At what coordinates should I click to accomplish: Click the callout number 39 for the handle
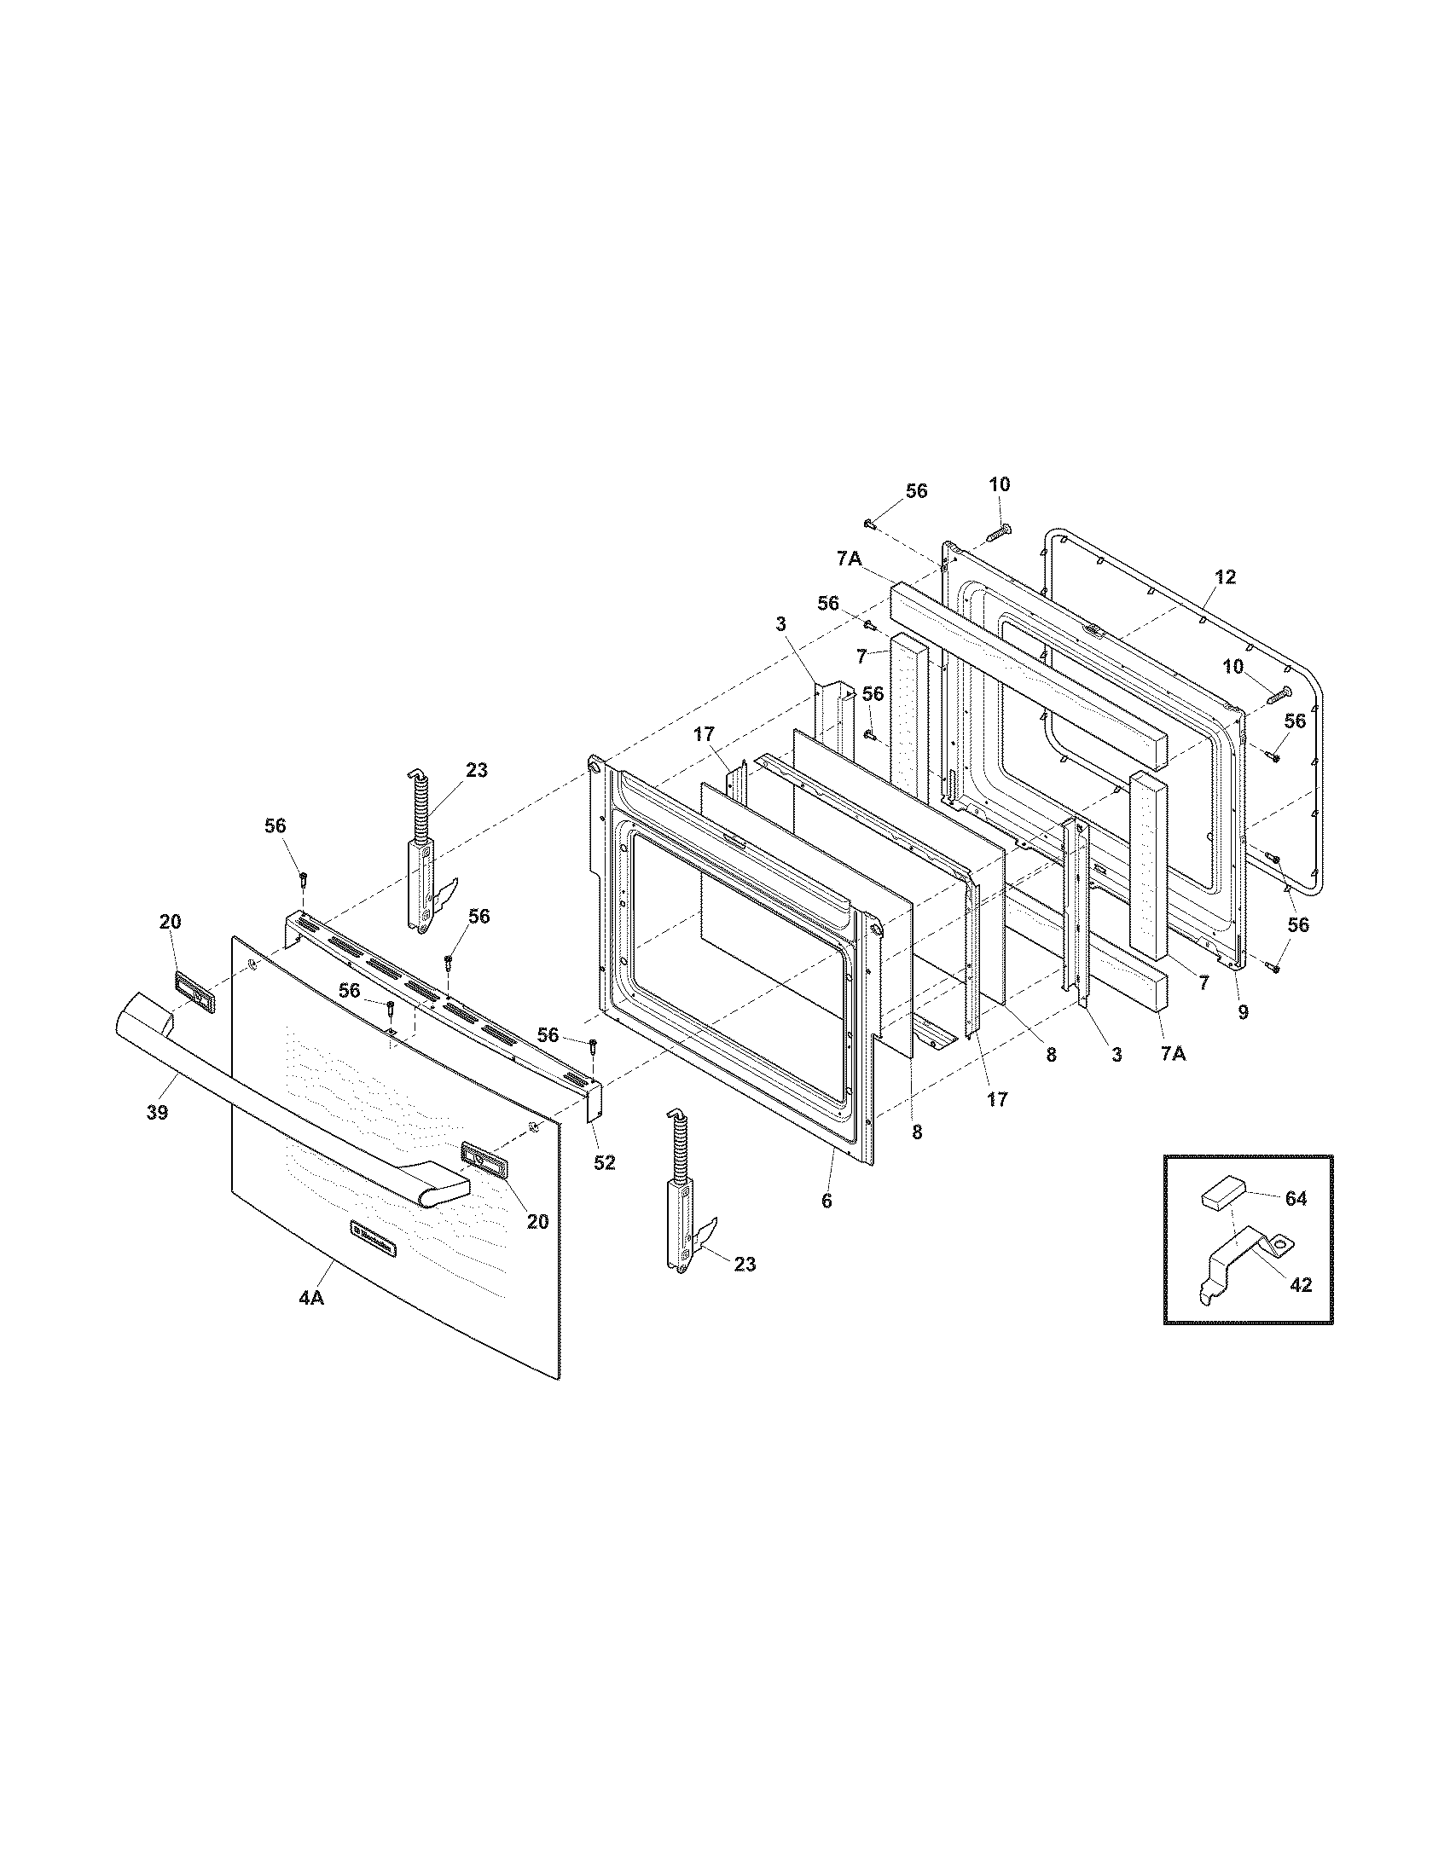pyautogui.click(x=156, y=1112)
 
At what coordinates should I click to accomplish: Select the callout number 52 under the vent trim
pyautogui.click(x=605, y=1162)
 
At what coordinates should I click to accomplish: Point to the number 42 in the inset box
pyautogui.click(x=1301, y=1285)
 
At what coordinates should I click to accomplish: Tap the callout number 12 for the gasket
pyautogui.click(x=1226, y=578)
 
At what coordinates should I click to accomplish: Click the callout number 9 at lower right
pyautogui.click(x=1243, y=1012)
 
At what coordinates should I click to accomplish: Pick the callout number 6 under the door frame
pyautogui.click(x=826, y=1201)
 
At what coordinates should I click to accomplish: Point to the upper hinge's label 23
pyautogui.click(x=476, y=771)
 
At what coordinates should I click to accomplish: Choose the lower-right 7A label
pyautogui.click(x=1173, y=1054)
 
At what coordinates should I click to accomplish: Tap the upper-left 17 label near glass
pyautogui.click(x=705, y=734)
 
